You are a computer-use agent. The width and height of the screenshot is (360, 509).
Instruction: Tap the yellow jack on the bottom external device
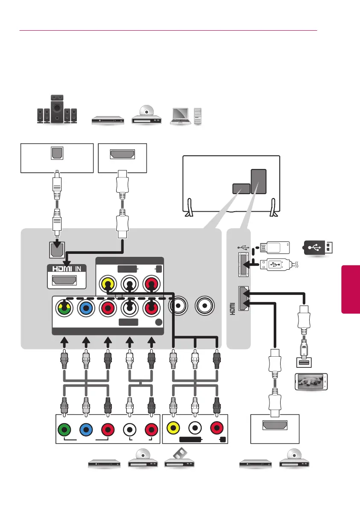tap(173, 428)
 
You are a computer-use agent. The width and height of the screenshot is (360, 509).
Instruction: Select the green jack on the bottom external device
tap(64, 428)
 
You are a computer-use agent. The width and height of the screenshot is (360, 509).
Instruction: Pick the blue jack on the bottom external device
tap(86, 428)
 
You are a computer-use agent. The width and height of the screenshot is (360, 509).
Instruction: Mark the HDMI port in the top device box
tap(122, 154)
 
